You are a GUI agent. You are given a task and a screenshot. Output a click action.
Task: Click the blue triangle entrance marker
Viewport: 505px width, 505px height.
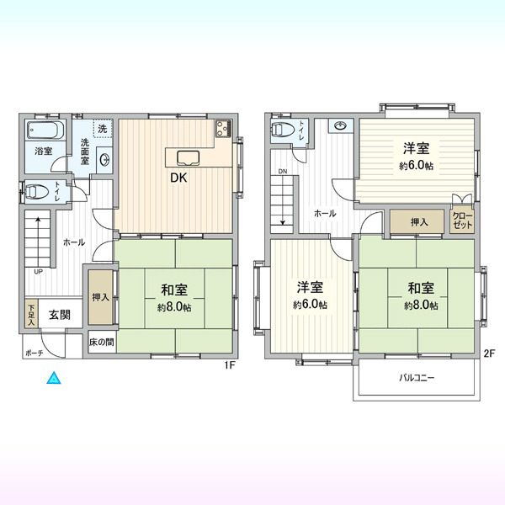tap(54, 379)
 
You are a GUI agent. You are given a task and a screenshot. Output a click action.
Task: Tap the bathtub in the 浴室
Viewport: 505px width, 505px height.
tap(45, 130)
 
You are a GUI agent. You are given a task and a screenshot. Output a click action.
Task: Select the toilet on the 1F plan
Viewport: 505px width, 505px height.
tap(36, 192)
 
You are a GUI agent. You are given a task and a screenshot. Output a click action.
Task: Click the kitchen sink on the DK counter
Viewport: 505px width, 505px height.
tap(188, 158)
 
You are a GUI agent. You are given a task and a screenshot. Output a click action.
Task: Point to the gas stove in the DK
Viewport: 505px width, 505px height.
tap(224, 128)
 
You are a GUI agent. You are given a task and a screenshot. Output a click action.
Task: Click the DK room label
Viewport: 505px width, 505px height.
tap(178, 178)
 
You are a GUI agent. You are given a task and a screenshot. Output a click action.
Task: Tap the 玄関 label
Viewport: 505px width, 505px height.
tap(60, 315)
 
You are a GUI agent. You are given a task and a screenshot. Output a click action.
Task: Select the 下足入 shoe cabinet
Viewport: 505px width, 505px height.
tap(32, 314)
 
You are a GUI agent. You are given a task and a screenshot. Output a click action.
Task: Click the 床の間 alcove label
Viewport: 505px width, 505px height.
tap(102, 342)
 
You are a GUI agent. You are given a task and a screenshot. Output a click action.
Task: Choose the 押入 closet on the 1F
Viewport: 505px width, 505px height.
tap(101, 297)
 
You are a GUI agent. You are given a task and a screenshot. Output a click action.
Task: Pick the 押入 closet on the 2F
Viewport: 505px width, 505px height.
tap(417, 221)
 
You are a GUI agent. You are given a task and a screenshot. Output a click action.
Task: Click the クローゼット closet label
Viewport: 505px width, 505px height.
tap(462, 221)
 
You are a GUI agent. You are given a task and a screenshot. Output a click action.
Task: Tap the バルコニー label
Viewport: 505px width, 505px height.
tap(417, 377)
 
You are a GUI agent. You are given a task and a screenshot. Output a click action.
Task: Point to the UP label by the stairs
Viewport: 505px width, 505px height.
tap(39, 272)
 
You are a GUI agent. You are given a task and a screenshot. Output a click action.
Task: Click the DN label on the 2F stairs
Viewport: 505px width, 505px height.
tap(283, 172)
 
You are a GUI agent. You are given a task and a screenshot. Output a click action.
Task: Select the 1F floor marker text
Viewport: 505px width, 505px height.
tap(231, 366)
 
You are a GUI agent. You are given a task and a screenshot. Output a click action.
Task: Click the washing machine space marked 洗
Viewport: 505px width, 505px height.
tap(103, 129)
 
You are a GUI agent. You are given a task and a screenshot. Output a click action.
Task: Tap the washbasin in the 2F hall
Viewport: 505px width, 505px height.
tap(340, 125)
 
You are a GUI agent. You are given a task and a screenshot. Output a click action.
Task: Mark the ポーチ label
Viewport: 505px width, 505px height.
tap(35, 353)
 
